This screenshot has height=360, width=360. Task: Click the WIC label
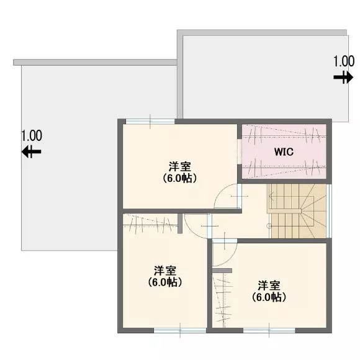click(284, 152)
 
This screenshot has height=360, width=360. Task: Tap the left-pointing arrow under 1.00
click(32, 151)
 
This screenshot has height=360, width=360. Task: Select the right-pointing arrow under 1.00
click(343, 78)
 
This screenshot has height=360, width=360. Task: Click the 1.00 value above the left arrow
click(32, 136)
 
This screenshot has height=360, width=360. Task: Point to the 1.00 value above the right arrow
click(344, 61)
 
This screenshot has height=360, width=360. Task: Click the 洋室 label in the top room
click(180, 167)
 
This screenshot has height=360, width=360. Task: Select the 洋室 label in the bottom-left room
click(165, 271)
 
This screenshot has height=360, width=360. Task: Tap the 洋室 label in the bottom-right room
click(269, 286)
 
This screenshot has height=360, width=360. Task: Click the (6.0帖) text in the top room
click(180, 178)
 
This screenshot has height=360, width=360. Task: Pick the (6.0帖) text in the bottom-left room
click(165, 282)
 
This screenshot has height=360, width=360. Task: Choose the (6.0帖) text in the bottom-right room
click(269, 297)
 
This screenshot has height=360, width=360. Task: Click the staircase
click(297, 211)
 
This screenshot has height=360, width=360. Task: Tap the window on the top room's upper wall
click(150, 122)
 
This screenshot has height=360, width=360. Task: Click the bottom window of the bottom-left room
click(180, 330)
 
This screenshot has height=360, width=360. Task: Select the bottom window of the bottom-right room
click(269, 330)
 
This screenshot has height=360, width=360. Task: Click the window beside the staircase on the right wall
click(329, 211)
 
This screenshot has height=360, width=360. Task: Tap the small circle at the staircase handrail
click(269, 226)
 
